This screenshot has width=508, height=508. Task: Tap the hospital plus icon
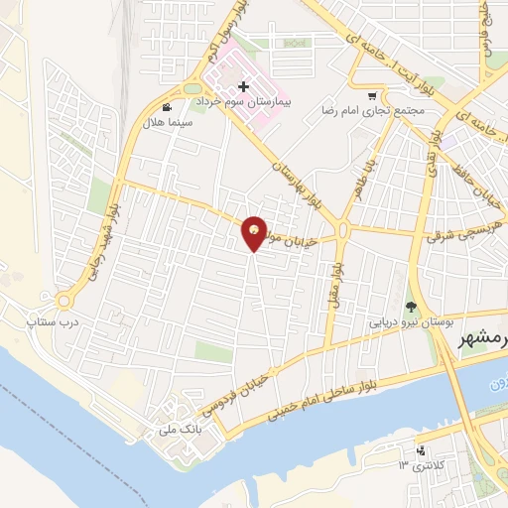[x=244, y=87]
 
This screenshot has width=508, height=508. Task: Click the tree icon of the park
[x=412, y=305]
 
